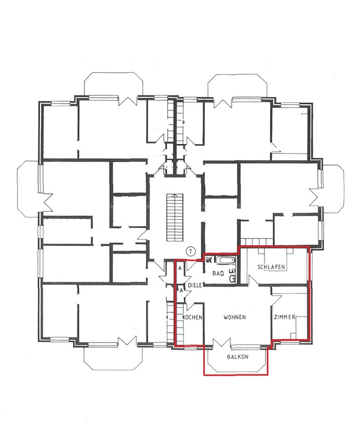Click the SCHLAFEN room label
tap(271, 267)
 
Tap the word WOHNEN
tap(234, 317)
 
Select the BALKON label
tap(238, 357)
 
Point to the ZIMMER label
tap(285, 317)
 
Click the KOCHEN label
tap(193, 318)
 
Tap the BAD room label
tap(218, 274)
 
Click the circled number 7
tap(191, 251)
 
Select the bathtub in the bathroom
tap(225, 260)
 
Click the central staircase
tap(175, 218)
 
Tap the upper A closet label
tap(180, 268)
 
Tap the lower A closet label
tap(181, 290)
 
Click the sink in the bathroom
tap(232, 278)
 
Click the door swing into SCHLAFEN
tap(253, 280)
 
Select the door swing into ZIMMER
tap(277, 300)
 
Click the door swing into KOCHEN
tap(191, 306)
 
